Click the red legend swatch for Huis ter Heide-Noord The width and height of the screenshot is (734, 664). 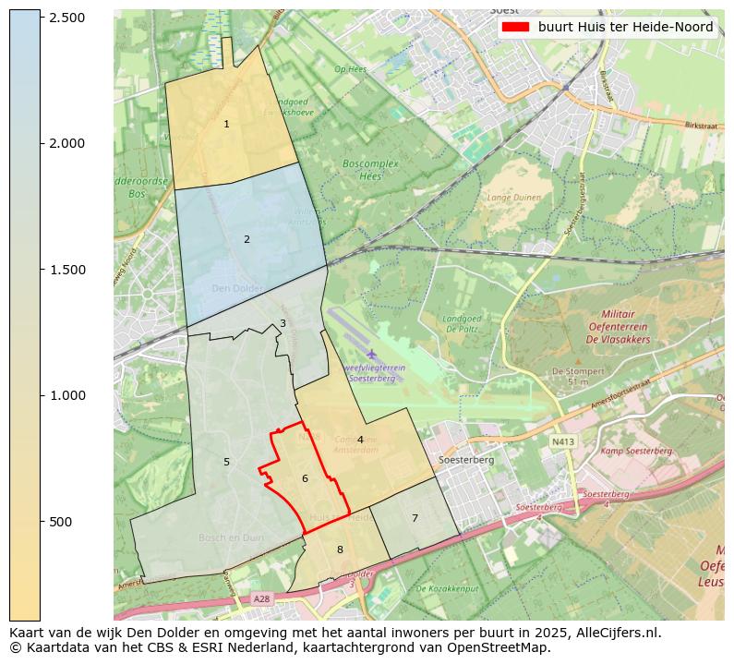point(515,27)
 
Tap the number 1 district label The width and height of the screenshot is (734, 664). point(226,124)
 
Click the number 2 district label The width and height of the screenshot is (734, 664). point(247,240)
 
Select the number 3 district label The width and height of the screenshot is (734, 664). point(283,323)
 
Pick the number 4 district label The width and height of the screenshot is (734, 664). point(360,440)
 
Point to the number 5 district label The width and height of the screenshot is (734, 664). point(226,462)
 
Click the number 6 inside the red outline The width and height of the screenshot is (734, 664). point(305,478)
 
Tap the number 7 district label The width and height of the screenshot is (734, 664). point(415,518)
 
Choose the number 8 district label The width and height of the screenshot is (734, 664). point(340,549)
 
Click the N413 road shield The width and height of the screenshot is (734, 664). point(562,442)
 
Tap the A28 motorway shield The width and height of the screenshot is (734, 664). point(262,599)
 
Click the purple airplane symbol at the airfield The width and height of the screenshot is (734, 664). point(371,354)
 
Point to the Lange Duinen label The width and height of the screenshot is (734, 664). point(514,197)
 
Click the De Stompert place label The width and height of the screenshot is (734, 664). point(571,370)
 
